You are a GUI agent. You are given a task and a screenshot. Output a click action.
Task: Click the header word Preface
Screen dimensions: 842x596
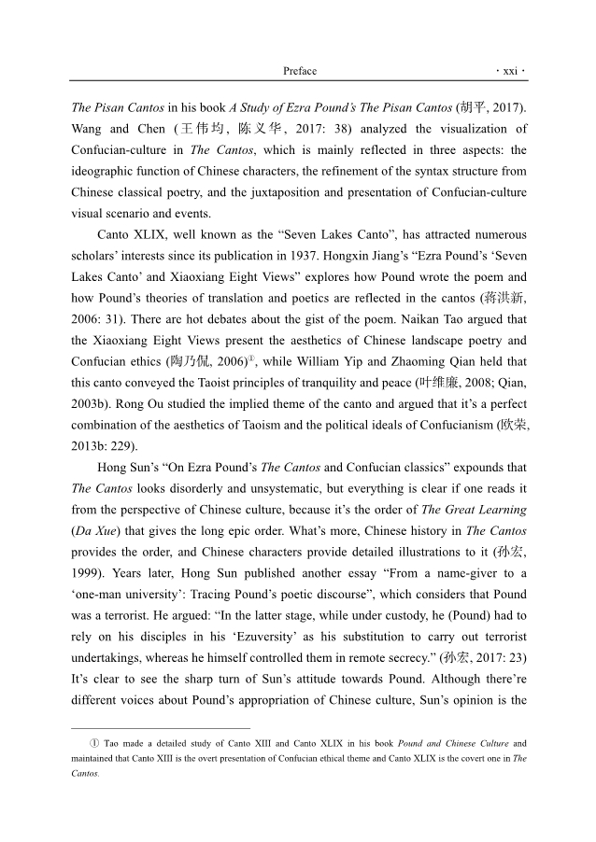coord(299,71)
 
